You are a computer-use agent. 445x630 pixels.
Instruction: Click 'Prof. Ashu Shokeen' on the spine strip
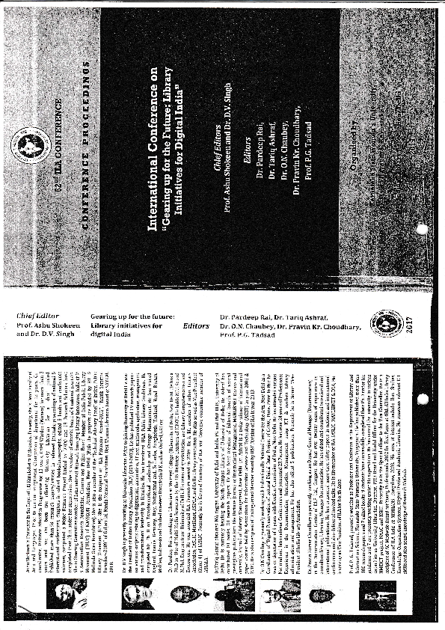click(x=43, y=326)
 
